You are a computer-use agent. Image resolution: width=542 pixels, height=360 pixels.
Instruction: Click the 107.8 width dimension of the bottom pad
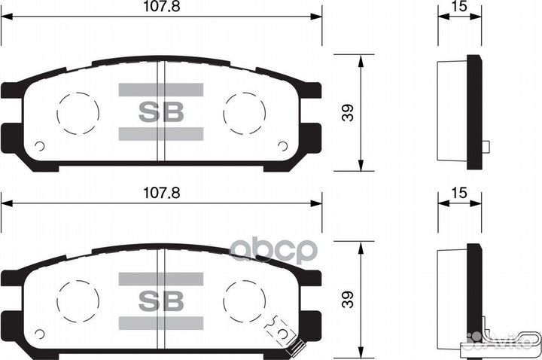162,193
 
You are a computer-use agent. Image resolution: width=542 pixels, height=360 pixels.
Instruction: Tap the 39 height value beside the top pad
347,112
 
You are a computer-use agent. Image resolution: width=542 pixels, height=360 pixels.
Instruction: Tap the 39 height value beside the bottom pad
347,301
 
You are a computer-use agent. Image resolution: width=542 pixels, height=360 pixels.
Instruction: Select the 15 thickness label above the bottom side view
458,194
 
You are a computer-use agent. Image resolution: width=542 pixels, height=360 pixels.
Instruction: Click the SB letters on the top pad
161,112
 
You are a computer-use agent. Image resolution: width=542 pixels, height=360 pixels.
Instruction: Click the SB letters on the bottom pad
161,301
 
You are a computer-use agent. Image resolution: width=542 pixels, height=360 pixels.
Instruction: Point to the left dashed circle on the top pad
78,113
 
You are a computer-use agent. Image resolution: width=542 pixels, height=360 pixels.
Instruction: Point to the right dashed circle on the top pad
245,113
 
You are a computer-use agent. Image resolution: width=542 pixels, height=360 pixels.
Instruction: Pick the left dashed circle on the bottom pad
78,301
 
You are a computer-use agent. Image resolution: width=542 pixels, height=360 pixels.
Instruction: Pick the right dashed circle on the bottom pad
245,301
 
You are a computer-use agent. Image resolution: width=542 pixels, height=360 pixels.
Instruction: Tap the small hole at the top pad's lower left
40,146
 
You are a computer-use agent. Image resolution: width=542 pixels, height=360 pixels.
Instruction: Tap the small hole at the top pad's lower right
282,146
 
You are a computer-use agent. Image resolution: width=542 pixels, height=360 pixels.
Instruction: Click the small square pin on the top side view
486,147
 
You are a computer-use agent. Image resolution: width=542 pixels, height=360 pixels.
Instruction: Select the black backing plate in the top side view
474,113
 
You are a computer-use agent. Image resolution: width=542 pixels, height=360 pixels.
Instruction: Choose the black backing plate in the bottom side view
474,300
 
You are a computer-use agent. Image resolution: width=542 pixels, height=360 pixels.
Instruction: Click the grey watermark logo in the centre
273,249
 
